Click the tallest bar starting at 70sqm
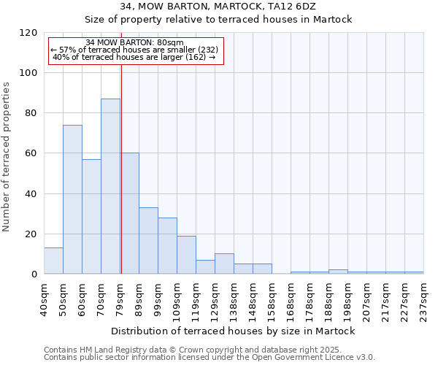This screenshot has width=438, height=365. click(110, 186)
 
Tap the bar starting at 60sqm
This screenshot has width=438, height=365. click(91, 216)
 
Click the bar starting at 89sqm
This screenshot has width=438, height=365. click(148, 241)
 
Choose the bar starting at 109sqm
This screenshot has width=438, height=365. click(186, 255)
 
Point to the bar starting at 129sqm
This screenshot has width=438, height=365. click(224, 264)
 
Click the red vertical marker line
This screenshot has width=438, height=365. click(121, 182)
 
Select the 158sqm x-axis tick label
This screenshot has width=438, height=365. click(272, 299)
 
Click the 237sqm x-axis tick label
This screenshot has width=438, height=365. click(424, 299)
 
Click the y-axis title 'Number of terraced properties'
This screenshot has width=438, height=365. click(7, 157)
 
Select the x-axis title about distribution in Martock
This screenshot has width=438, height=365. click(234, 331)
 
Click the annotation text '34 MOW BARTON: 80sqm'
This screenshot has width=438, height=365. click(134, 42)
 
